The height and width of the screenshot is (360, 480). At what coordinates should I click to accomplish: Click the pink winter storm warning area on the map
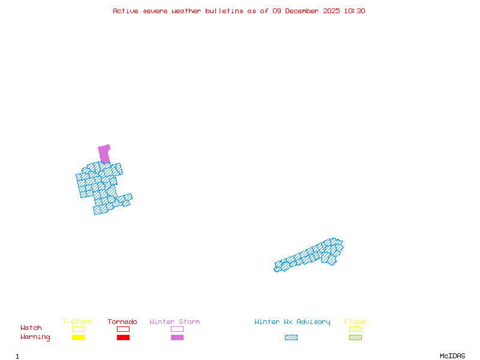(104, 153)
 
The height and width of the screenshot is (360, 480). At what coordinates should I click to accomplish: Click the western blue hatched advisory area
(101, 186)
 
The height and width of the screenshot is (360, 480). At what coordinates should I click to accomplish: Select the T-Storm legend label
(77, 322)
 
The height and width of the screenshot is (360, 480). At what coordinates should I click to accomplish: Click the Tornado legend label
(122, 322)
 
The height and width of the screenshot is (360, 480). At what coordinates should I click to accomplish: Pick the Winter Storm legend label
(175, 322)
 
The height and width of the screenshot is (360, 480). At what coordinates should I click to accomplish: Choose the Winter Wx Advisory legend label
(292, 322)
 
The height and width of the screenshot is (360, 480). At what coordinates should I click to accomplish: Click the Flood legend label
(355, 322)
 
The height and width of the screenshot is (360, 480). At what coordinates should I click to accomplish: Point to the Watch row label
(31, 328)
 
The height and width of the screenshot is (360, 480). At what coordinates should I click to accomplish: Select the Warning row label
(35, 337)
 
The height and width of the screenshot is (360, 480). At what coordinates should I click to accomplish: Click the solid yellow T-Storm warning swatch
(78, 338)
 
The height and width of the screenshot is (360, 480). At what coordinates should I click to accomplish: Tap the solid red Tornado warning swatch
(123, 338)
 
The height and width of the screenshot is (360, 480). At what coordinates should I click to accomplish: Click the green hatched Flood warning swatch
(355, 338)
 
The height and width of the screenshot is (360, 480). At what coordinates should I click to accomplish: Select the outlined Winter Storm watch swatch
(177, 329)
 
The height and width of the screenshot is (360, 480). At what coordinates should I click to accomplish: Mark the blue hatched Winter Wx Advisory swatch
(291, 338)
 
